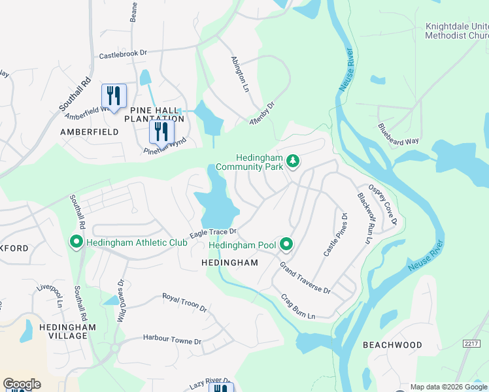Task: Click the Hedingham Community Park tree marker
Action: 294,161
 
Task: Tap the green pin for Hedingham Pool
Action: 286,245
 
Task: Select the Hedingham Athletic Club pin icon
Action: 76,243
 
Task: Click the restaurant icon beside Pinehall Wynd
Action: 161,131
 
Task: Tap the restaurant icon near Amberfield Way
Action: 114,96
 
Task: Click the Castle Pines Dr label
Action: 334,235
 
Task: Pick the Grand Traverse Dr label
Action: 305,278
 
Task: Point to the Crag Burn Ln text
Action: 298,306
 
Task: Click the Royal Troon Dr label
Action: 184,302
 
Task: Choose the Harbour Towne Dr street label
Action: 173,341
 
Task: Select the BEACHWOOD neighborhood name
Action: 393,344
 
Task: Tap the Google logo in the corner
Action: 22,384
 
